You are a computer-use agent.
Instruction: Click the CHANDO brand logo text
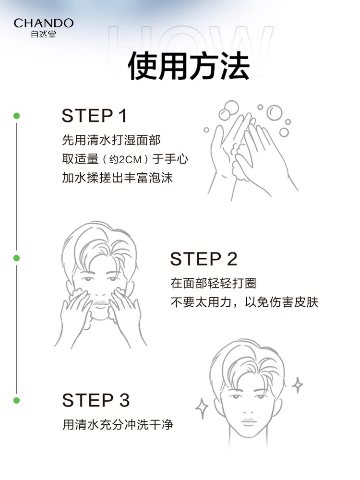click(44, 23)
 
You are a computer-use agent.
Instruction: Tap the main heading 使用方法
click(189, 66)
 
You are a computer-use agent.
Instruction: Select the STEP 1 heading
click(94, 116)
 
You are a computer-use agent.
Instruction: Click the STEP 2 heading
click(204, 259)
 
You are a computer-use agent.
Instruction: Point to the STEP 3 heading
click(96, 400)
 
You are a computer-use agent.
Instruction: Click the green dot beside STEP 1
click(16, 116)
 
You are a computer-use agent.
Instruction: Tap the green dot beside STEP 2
click(16, 258)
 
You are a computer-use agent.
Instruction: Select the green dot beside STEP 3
click(16, 400)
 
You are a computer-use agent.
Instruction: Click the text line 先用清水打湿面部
click(111, 140)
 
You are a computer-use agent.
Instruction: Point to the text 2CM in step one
click(130, 159)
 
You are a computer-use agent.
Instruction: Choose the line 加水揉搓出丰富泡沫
click(118, 178)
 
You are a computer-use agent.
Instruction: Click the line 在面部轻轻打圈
click(214, 283)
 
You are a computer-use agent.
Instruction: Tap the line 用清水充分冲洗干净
click(118, 425)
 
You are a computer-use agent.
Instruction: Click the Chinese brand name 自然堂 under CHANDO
click(44, 34)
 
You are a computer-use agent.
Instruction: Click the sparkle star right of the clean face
click(297, 385)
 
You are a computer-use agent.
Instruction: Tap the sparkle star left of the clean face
click(202, 408)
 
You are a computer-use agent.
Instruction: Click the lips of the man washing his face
click(101, 303)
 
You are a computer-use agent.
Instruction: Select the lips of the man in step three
click(249, 421)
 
